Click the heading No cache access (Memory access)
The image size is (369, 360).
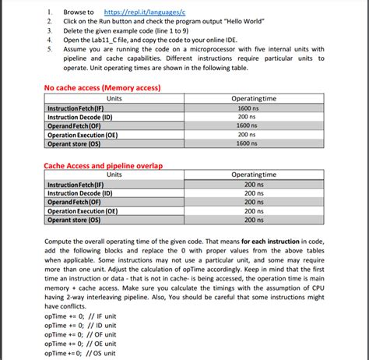coord(102,88)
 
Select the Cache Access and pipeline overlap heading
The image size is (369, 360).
coord(103,165)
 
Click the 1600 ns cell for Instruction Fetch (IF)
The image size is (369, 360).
coord(248,108)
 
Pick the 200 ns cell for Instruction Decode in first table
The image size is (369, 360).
coord(248,116)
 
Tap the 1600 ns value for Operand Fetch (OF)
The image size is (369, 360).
coord(248,125)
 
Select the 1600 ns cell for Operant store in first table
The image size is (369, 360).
coord(248,143)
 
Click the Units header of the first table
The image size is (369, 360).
coord(114,98)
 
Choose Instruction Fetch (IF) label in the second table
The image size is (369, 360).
coord(79,184)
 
